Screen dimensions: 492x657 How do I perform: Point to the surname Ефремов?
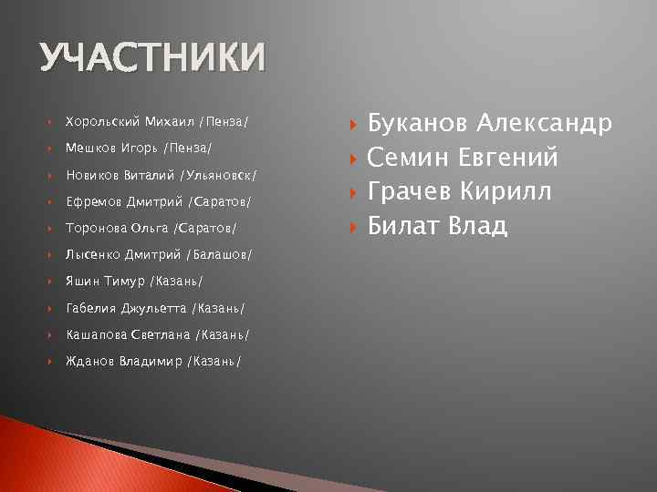[95, 200]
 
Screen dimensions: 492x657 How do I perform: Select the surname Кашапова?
[96, 334]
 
